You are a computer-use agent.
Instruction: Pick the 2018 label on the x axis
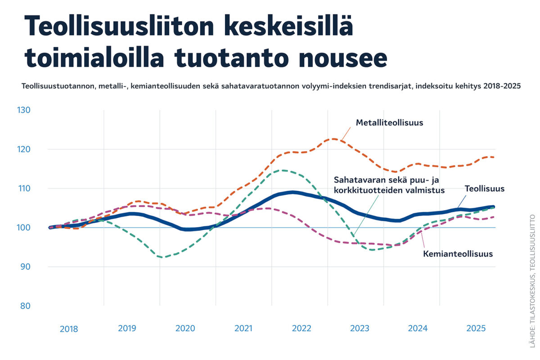click(x=69, y=329)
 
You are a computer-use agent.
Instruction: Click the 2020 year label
click(x=185, y=328)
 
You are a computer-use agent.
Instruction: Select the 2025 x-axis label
click(x=476, y=328)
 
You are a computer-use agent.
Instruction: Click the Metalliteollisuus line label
click(x=389, y=122)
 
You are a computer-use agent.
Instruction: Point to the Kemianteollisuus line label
click(x=458, y=254)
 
